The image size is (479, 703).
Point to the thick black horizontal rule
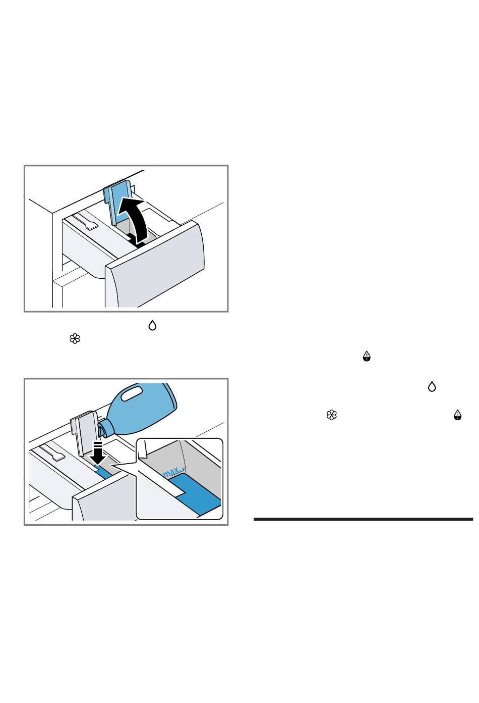pyautogui.click(x=363, y=519)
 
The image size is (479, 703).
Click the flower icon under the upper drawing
pyautogui.click(x=75, y=339)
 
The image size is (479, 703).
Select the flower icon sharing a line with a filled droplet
pyautogui.click(x=331, y=415)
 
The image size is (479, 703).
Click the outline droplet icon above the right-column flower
pyautogui.click(x=432, y=387)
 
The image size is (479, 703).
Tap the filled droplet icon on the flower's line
pyautogui.click(x=457, y=415)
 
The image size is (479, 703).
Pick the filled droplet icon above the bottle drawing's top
pyautogui.click(x=367, y=358)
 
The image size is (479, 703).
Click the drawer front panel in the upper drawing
pyautogui.click(x=156, y=268)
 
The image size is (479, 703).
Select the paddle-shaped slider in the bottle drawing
pyautogui.click(x=52, y=453)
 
